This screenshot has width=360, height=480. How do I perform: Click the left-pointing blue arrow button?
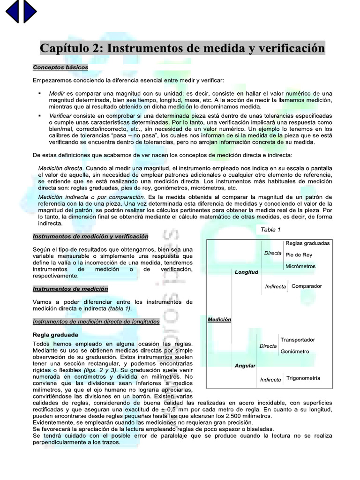click(12, 11)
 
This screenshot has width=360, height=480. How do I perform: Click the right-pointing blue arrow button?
click(30, 11)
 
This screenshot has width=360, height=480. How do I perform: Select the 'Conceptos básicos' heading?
click(60, 67)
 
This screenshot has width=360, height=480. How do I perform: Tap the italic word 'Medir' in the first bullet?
click(57, 94)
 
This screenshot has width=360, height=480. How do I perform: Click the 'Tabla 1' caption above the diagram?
click(270, 230)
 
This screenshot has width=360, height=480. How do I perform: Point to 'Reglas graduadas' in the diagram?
click(307, 243)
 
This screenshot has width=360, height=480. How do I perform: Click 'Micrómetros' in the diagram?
click(300, 267)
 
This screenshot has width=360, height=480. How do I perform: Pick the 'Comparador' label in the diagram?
click(307, 286)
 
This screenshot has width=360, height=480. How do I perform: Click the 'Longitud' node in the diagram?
click(246, 272)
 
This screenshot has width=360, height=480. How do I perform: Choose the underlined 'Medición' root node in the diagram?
click(219, 319)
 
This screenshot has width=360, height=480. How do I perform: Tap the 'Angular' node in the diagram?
click(245, 366)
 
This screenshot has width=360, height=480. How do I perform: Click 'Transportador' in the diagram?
click(298, 340)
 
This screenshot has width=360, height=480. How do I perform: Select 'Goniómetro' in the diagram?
click(295, 352)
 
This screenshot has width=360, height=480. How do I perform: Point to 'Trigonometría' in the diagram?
click(303, 378)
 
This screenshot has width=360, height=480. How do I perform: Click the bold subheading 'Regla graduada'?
click(55, 335)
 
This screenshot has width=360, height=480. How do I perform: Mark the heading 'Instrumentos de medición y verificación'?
click(90, 236)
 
